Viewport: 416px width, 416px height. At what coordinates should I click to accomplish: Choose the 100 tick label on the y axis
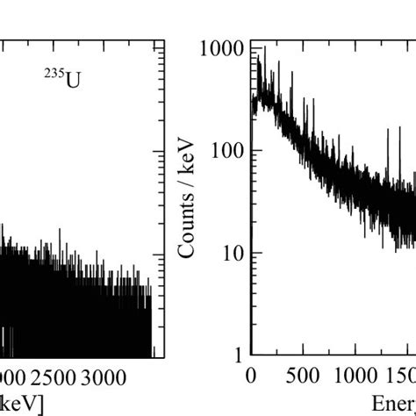tap(227, 151)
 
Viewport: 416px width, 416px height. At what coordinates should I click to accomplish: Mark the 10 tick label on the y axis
tap(232, 254)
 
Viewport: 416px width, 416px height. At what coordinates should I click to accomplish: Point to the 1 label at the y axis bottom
tap(236, 355)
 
